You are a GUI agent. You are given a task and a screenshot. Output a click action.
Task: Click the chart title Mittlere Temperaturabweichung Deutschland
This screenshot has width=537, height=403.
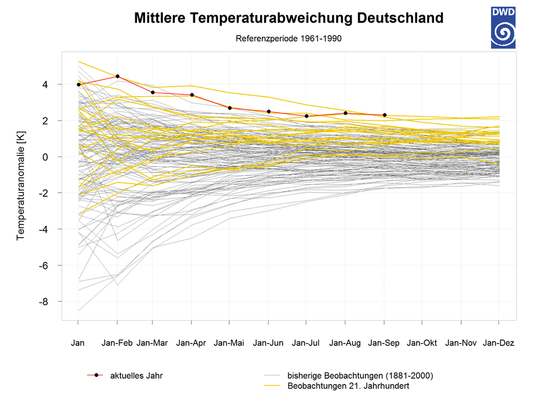click(x=288, y=18)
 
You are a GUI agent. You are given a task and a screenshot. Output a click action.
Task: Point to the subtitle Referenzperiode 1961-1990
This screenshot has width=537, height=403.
click(x=289, y=39)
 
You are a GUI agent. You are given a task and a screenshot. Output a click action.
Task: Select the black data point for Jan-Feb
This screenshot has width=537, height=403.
click(x=117, y=76)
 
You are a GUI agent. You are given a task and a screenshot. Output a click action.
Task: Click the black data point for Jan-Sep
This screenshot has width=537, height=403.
click(x=384, y=115)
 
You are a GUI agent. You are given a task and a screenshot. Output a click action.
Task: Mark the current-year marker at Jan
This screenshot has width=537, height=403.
click(x=78, y=85)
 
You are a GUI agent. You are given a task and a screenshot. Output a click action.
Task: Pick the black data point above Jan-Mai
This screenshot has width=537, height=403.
click(x=230, y=108)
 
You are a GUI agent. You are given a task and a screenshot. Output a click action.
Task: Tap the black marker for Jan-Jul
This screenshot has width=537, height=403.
click(x=307, y=116)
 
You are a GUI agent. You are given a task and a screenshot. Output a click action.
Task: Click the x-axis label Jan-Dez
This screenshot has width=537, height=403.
click(x=498, y=343)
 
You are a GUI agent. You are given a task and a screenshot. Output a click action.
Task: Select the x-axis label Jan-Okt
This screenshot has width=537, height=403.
click(x=422, y=343)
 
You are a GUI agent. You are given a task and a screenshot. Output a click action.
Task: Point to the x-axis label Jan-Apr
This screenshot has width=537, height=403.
click(x=191, y=343)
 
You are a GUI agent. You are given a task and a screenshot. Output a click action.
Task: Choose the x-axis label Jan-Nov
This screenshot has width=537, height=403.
click(x=460, y=343)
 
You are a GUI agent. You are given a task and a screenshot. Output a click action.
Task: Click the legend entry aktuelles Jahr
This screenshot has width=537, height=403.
click(x=136, y=375)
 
